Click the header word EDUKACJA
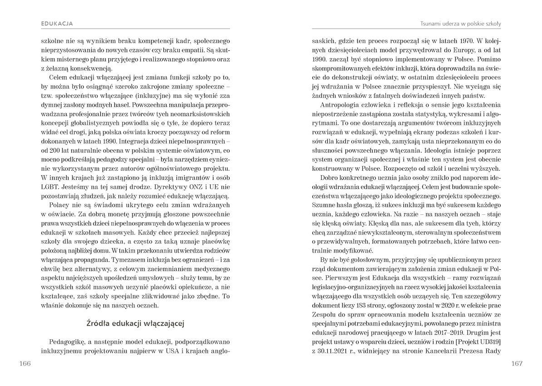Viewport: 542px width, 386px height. click(57, 23)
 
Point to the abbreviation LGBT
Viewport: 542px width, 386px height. click(49, 187)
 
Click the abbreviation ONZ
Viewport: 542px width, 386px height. click(186, 187)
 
